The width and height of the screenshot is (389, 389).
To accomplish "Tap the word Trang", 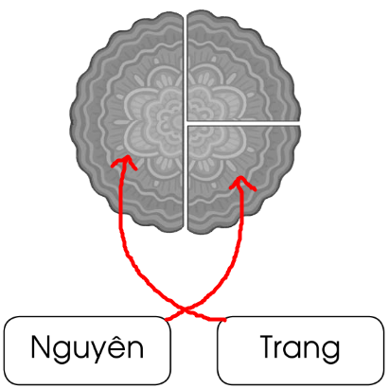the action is (x=300, y=348).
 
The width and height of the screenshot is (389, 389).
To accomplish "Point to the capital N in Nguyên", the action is (x=40, y=346).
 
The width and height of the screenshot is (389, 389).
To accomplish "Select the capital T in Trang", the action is (x=268, y=346).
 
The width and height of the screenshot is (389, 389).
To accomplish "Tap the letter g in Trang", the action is (x=330, y=353).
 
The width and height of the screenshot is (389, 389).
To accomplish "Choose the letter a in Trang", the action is (x=294, y=350).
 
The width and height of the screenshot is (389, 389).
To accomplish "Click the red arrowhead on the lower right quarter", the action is (x=241, y=182).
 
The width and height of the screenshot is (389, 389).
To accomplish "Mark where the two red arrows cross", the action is (x=185, y=309).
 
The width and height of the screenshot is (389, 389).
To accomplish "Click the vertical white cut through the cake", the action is (x=186, y=121).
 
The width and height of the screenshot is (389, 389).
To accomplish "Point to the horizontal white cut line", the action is (x=243, y=123).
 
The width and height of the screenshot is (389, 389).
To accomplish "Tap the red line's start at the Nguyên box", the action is (x=167, y=320).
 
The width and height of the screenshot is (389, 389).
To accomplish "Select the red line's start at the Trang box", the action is (x=225, y=320).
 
